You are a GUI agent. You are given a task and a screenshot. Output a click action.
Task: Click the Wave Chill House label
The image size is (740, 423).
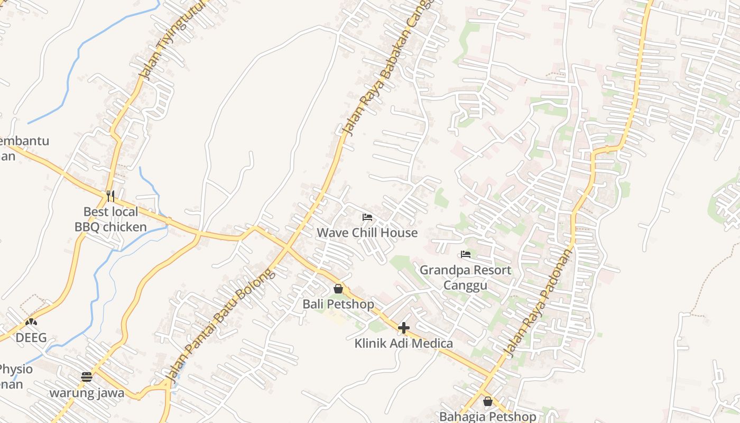pos(367,233)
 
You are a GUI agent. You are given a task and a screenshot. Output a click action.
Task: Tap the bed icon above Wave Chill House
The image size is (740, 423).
pos(367,217)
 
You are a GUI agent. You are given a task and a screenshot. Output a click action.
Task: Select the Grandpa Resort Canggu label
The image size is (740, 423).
pos(465,278)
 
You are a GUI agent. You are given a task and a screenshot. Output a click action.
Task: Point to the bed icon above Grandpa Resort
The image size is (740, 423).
pos(466,254)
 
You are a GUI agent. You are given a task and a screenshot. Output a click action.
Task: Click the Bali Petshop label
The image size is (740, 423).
pos(338,304)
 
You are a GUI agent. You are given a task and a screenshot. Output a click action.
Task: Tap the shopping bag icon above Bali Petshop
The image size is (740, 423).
pos(338,289)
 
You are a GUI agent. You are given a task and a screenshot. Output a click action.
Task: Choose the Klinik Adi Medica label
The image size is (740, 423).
pos(403,343)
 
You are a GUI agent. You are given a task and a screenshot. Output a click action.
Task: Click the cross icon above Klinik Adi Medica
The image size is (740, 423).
pos(404,328)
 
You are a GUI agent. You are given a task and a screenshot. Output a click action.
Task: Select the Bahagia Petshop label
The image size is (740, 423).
pos(487,416)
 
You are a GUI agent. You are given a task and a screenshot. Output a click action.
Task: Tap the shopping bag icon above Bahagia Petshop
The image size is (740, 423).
pos(488,401)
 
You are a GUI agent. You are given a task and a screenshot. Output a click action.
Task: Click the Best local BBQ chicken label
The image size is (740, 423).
pos(110,219)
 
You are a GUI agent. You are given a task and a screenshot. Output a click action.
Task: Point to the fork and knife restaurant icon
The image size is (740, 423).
pos(110,196)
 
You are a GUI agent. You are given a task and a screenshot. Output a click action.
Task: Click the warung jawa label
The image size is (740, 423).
pos(87,393)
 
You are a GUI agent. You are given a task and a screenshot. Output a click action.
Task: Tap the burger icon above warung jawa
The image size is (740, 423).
pos(87,377)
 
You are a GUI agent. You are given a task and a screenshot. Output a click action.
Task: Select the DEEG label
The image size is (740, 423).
pos(31,337)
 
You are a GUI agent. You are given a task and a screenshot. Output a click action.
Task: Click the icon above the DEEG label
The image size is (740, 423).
pos(31,321)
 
